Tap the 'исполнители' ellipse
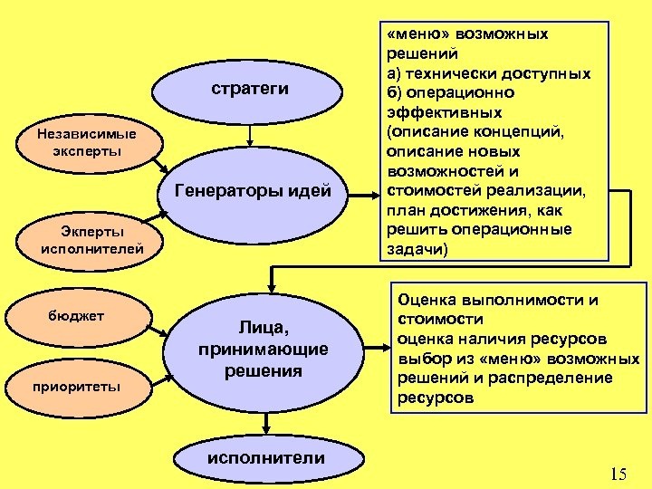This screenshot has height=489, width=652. (x=264, y=458)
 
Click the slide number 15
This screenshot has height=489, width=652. (x=618, y=473)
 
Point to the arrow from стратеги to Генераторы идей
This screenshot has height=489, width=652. (x=249, y=135)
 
